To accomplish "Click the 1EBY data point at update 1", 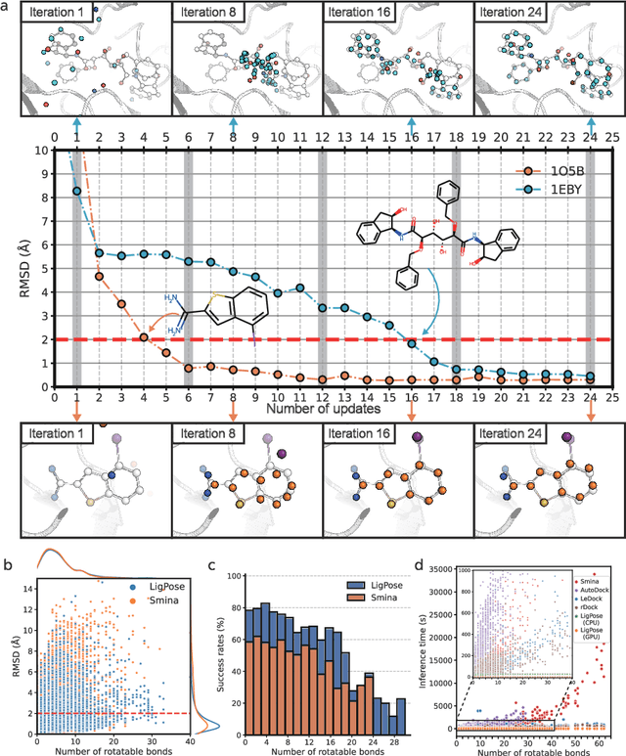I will tap(76, 191).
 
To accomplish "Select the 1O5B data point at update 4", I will tap(144, 337).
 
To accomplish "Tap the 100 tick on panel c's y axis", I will tap(235, 575).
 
